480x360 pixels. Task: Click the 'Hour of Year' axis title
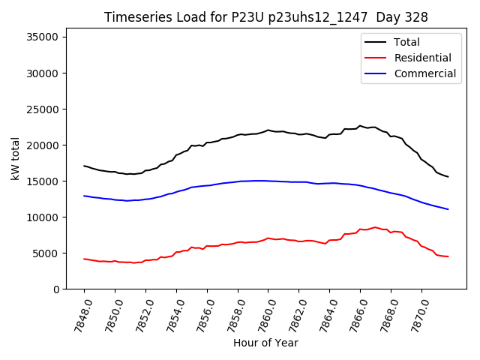pos(265,343)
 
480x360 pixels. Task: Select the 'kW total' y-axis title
pos(16,158)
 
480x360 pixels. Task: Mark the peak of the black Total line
pos(360,126)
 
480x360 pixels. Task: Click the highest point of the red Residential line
pos(375,227)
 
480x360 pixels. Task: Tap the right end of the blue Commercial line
pos(448,209)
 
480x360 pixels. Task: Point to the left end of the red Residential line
pos(84,259)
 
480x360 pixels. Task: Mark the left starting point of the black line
pos(84,166)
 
